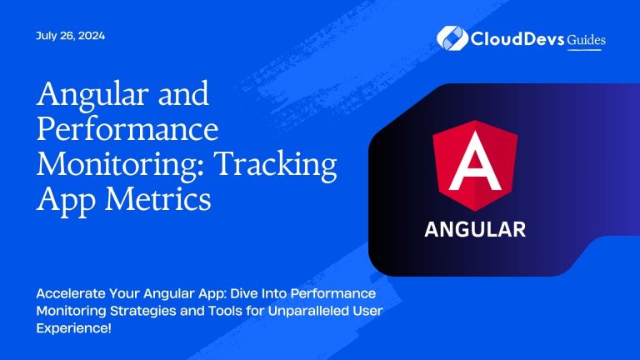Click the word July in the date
tap(46, 36)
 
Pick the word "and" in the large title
tap(182, 94)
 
